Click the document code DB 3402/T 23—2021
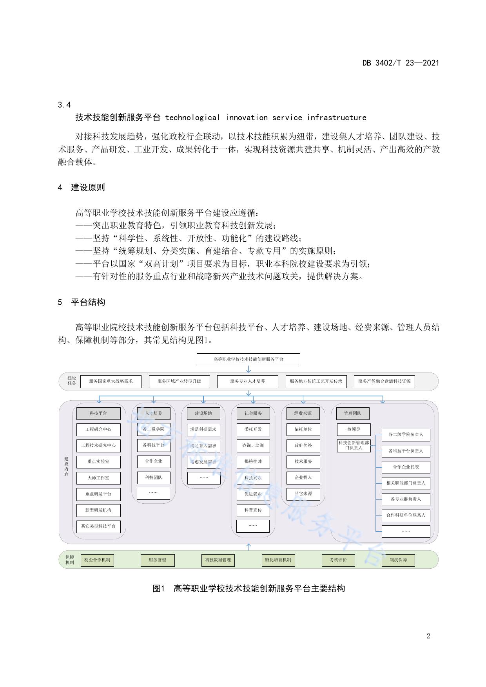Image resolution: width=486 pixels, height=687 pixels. pos(400,63)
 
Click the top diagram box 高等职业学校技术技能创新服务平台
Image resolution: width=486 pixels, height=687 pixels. pos(248,359)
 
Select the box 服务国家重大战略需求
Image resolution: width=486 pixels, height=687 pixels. pos(111,381)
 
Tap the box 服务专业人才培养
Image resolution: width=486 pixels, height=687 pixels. pos(247,381)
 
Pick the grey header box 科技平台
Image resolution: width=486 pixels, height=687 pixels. pos(98,413)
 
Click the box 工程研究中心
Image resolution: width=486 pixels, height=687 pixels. pos(98,429)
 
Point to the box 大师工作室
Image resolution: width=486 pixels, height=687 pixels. pos(98,478)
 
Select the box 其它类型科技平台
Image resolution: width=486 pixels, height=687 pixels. pos(98,526)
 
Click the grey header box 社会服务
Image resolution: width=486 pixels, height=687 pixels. pos(253,413)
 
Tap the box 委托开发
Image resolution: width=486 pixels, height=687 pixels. pos(253,429)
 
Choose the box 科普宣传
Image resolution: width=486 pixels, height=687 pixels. pos(253,510)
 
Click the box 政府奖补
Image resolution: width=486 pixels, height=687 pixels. pos(303,445)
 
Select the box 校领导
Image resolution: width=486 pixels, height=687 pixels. pos(353,429)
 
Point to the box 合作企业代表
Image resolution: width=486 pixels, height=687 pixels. pos(406,467)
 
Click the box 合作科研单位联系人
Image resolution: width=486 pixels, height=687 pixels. pos(406,515)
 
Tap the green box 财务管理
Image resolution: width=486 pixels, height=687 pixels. pos(157,560)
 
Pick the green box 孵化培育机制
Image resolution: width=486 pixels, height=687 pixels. pos(278,560)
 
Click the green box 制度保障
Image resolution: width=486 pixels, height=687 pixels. pos(398,560)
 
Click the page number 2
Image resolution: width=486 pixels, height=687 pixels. pos(428,636)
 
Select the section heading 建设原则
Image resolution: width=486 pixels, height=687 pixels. pos(88,188)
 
